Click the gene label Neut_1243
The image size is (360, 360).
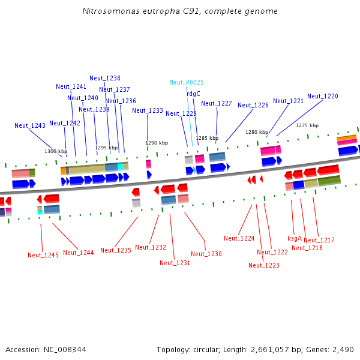(x=30, y=125)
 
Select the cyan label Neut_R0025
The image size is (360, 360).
(x=187, y=82)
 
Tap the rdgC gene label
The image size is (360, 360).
(x=193, y=94)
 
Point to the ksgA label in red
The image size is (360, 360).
(x=295, y=238)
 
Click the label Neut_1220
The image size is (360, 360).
(x=323, y=96)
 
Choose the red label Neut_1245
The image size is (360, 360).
(x=43, y=255)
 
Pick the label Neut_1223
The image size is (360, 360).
(x=264, y=265)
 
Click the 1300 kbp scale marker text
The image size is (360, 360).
(x=56, y=151)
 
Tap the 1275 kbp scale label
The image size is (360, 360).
(x=307, y=125)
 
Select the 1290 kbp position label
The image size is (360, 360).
(x=157, y=143)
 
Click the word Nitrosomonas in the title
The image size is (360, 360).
(x=111, y=11)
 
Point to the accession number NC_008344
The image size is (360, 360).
(x=65, y=350)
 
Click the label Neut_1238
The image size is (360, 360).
(x=105, y=78)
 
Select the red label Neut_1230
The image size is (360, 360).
(x=206, y=254)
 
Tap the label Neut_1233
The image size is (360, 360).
(x=148, y=110)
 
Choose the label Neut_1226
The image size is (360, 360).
(x=253, y=105)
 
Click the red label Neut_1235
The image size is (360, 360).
(x=116, y=250)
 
